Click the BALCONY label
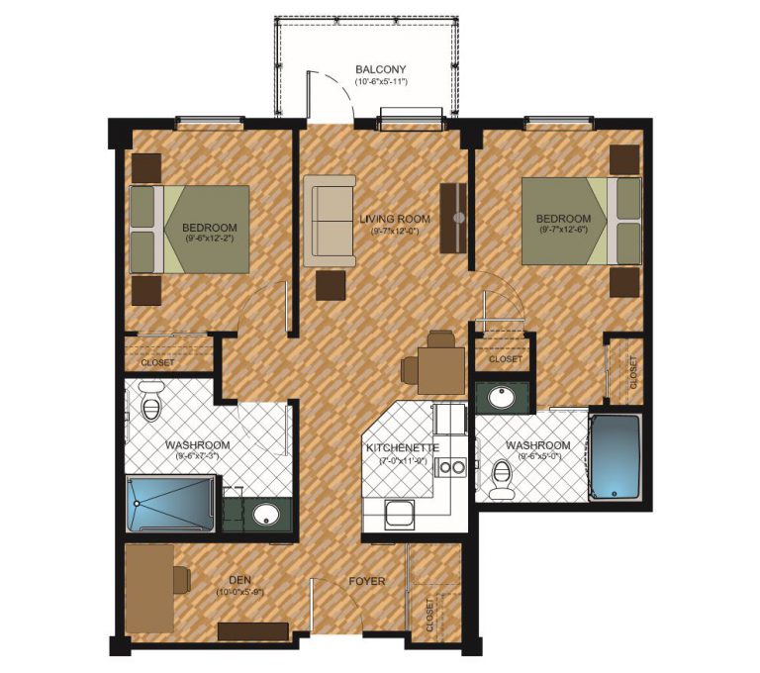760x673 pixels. [x=380, y=69]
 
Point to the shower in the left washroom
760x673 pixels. [x=171, y=504]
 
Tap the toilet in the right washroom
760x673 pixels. [x=503, y=481]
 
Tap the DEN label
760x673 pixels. [x=238, y=581]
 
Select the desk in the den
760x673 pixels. [x=148, y=584]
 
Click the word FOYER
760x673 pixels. [x=365, y=581]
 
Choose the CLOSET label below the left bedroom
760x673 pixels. [x=157, y=362]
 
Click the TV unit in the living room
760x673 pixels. [x=455, y=218]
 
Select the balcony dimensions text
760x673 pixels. [x=380, y=83]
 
